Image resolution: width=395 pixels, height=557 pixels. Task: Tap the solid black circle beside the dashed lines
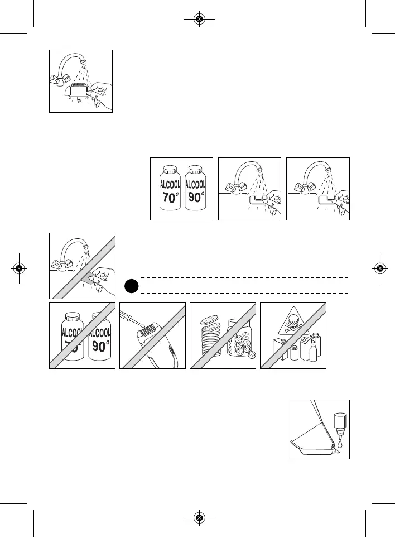(x=131, y=285)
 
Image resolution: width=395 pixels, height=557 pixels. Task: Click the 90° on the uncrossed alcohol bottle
(x=195, y=197)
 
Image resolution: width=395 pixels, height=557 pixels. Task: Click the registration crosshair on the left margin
(x=18, y=268)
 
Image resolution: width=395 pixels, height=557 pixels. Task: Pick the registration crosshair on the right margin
(x=379, y=268)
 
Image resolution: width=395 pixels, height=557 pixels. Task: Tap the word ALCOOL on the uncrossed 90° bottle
(x=195, y=184)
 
